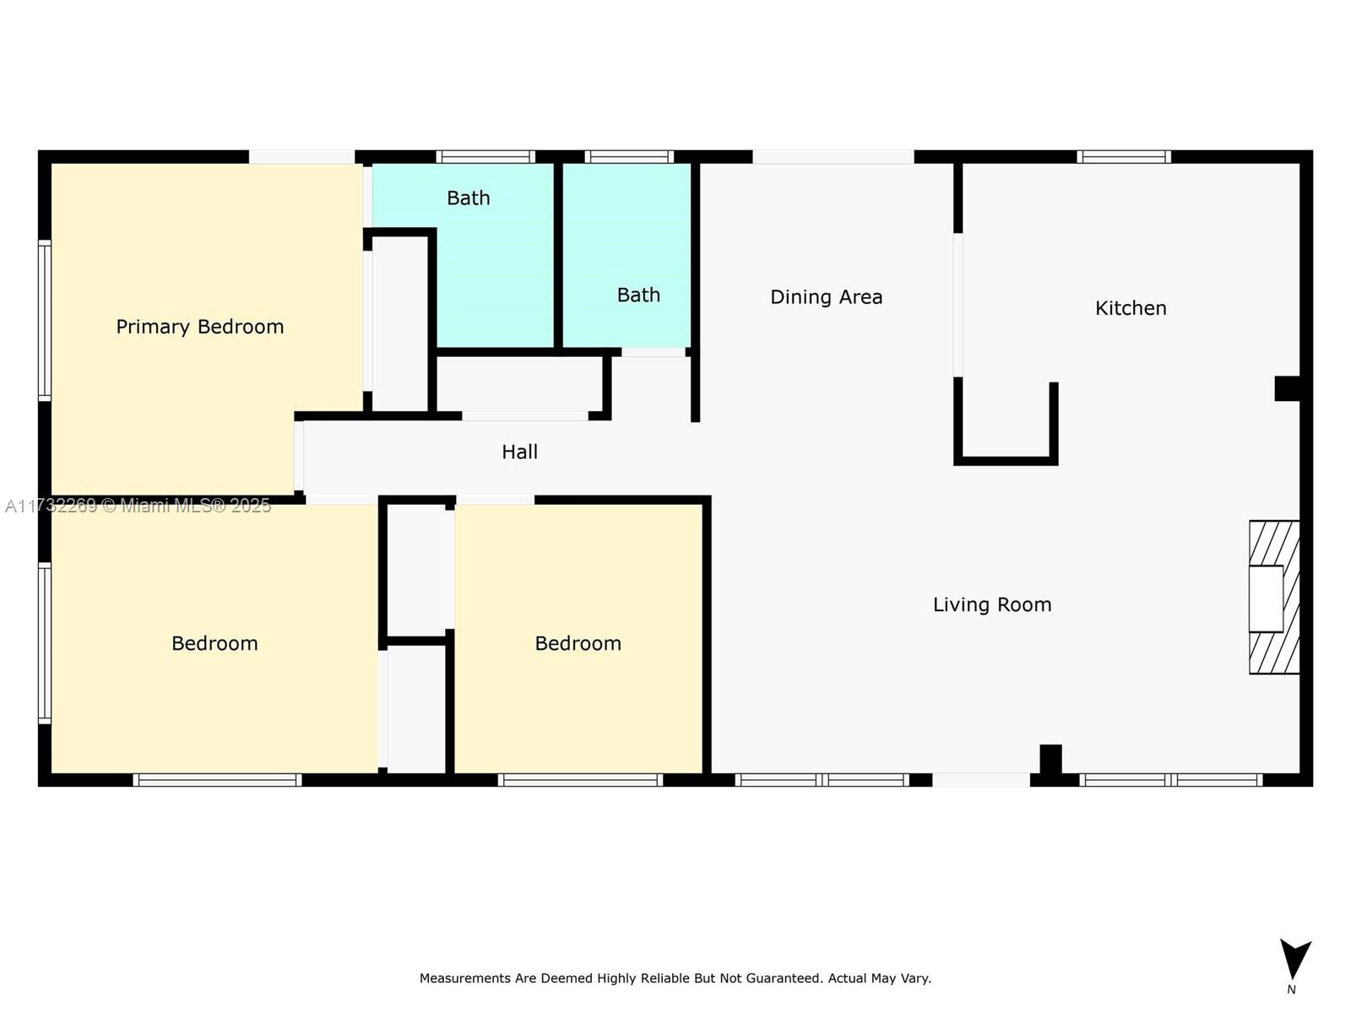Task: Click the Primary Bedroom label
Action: pos(200,327)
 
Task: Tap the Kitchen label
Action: pos(1130,307)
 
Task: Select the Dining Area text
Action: pos(826,297)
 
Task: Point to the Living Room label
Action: pos(991,604)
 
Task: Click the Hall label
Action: pos(519,452)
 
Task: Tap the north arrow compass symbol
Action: pos(1295,959)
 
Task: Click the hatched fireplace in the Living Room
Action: pos(1274,598)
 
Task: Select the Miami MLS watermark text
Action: pos(138,506)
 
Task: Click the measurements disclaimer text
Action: pos(675,978)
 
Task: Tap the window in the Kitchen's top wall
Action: pos(1124,157)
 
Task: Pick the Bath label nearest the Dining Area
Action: pos(638,295)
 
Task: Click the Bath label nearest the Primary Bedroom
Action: pos(469,198)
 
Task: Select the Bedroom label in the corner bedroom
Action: pos(214,643)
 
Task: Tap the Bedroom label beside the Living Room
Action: pos(578,643)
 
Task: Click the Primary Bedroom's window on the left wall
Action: pos(44,321)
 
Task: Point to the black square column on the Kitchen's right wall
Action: pos(1287,388)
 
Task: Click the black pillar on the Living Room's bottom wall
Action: pos(1050,761)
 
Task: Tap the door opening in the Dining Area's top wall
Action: pos(833,157)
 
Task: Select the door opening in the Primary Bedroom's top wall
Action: pos(301,157)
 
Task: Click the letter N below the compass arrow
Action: pos(1291,989)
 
